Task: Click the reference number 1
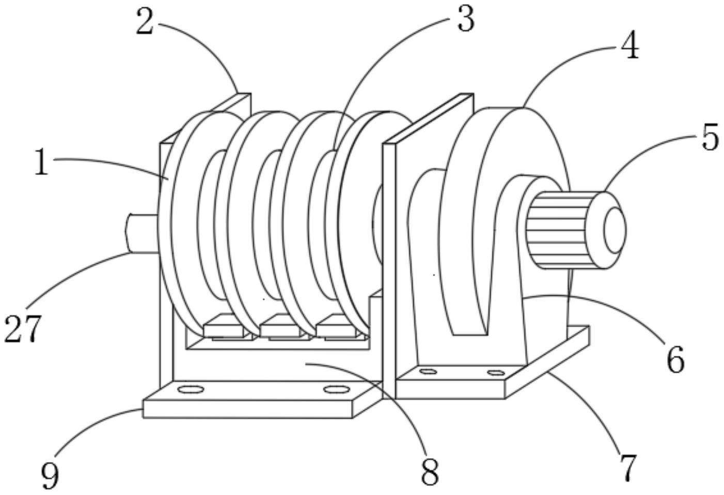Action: point(42,162)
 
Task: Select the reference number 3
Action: point(466,19)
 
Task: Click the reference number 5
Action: point(711,137)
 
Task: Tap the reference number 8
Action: point(430,472)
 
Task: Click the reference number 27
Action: point(23,329)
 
